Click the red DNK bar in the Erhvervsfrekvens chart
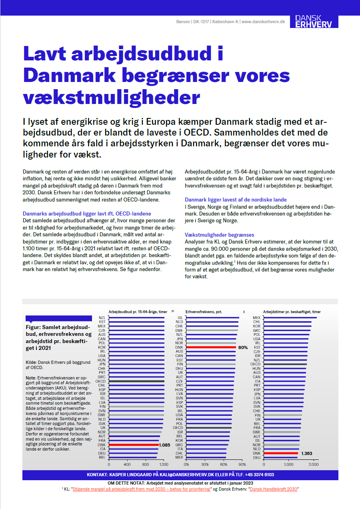point(211,347)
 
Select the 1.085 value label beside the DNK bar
point(165,445)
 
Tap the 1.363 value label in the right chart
point(307,453)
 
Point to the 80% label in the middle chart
point(243,347)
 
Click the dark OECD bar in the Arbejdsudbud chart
point(136,381)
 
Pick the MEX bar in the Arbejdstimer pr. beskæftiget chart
point(290,318)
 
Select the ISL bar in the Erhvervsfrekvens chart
point(212,318)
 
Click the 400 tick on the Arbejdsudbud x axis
point(127,465)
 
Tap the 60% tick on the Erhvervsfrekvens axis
point(223,465)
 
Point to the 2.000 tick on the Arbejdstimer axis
point(314,465)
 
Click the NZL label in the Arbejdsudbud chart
point(102,318)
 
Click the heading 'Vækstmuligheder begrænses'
point(220,235)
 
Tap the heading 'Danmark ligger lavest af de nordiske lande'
point(236,200)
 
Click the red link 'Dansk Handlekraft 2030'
point(274,489)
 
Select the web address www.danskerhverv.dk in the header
point(263,22)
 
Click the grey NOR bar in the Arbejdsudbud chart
point(135,432)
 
